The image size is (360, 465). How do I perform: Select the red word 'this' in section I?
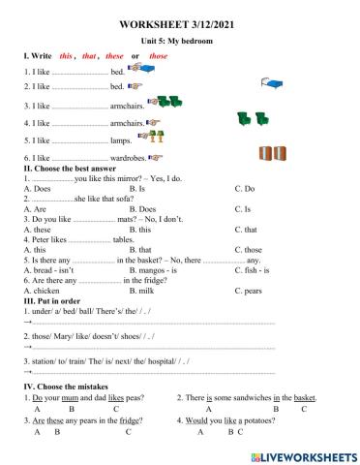click(67, 57)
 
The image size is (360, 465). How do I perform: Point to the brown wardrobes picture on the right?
click(271, 153)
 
